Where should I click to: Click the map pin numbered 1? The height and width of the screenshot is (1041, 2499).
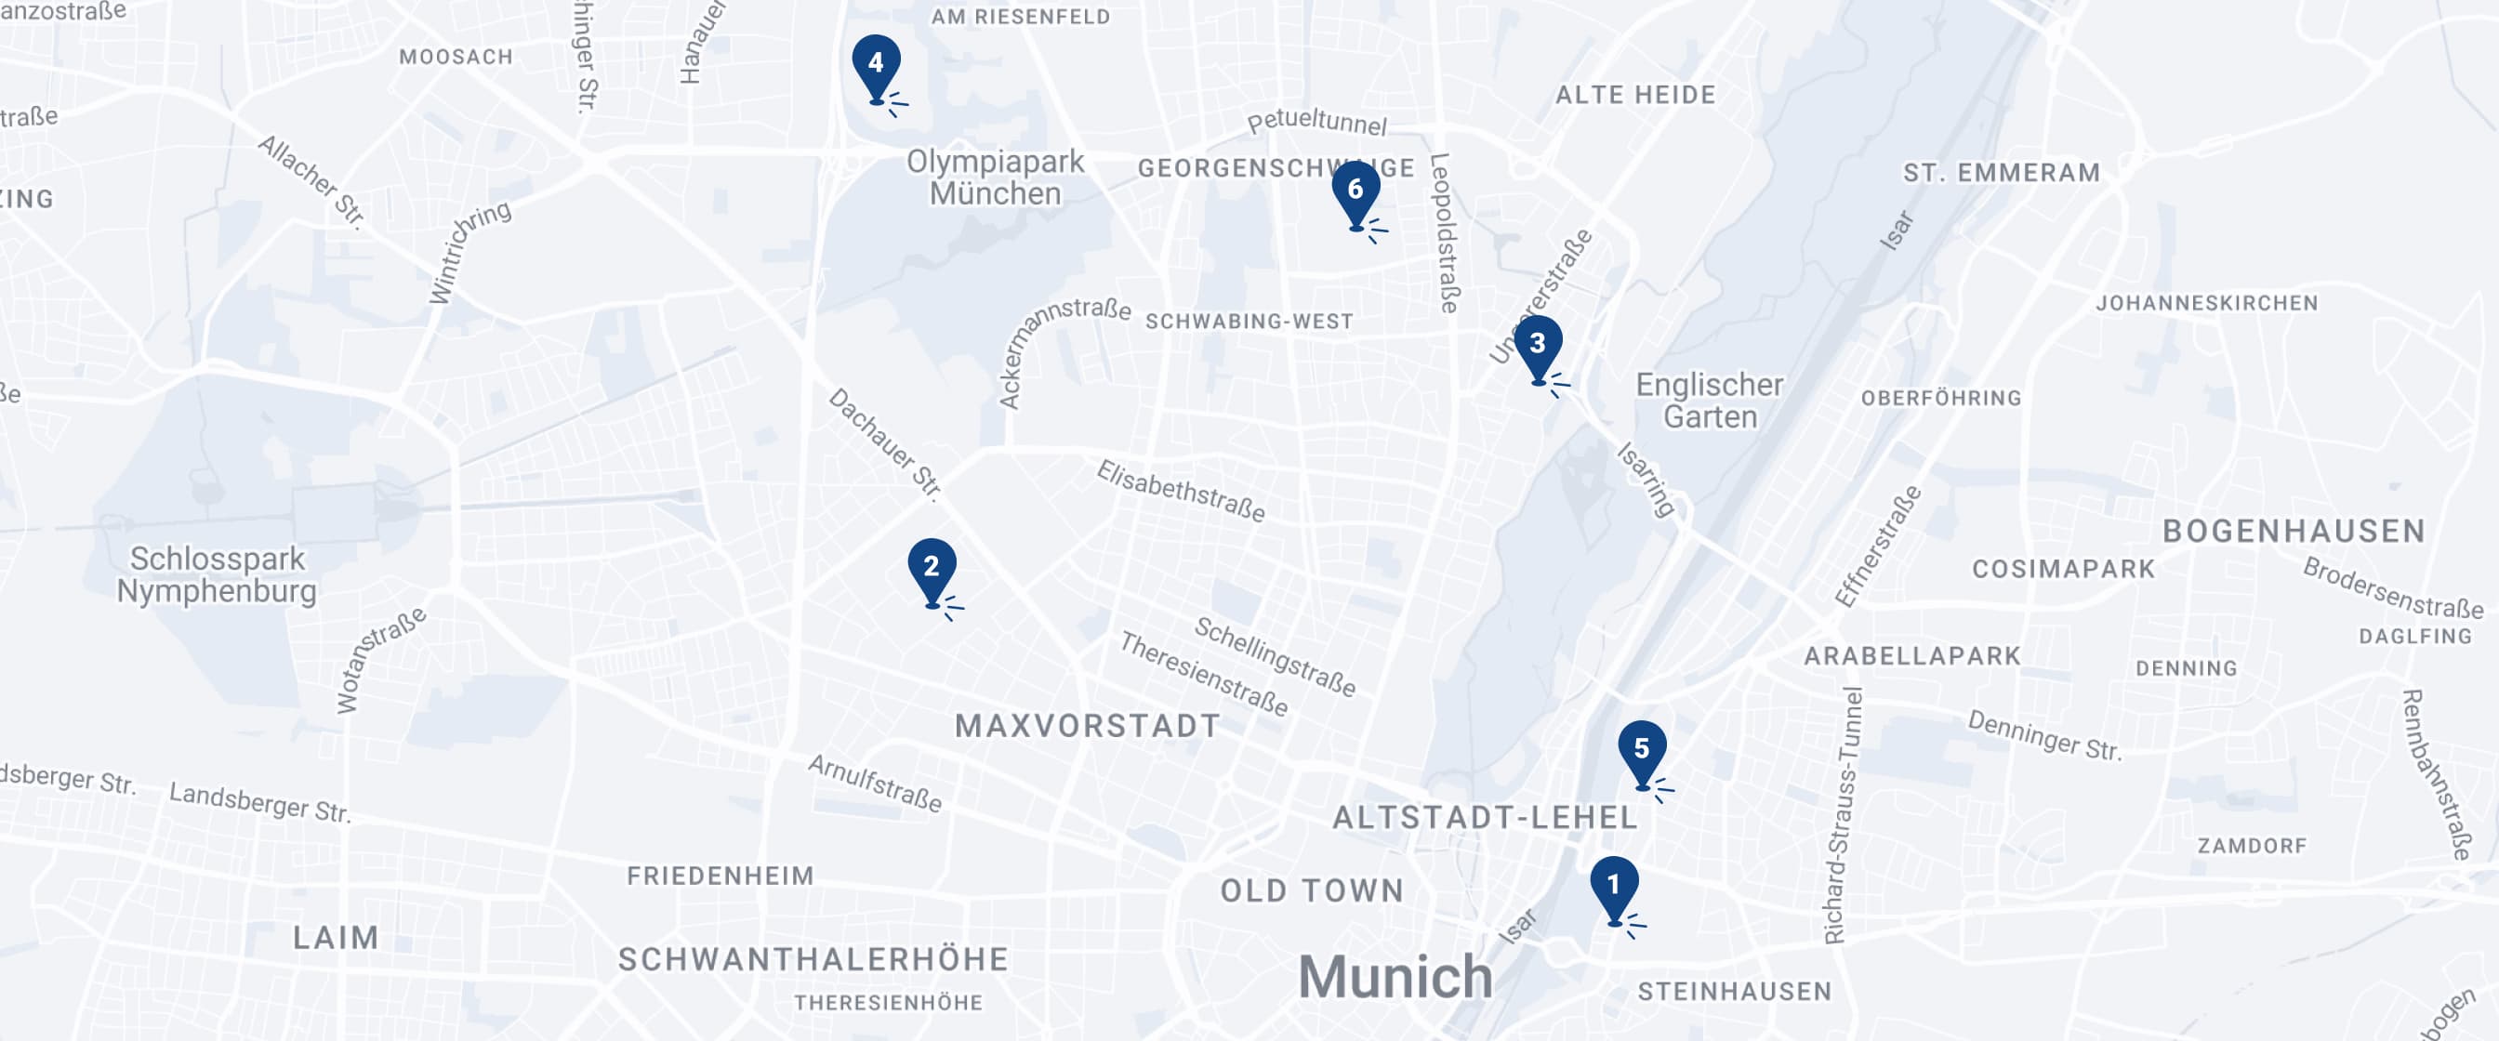pos(1614,888)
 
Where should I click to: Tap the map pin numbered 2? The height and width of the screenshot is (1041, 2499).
pos(932,569)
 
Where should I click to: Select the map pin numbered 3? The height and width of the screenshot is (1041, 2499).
pos(1538,347)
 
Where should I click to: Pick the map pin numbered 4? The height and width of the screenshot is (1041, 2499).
pos(876,65)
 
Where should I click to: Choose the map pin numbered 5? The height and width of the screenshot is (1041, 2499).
pos(1642,751)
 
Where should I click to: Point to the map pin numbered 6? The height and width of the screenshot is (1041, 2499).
pos(1355,191)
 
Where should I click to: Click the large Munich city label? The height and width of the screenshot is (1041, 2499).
pos(1395,976)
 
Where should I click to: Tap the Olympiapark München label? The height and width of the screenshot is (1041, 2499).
pos(996,178)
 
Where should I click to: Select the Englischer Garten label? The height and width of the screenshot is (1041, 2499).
pos(1710,401)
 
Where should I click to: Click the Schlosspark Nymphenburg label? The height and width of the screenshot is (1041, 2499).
pos(217,574)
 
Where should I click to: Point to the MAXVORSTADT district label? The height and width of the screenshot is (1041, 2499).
pos(1088,726)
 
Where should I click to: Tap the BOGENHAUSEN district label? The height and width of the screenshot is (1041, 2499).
pos(2294,531)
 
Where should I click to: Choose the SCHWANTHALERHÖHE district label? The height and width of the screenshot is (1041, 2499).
pos(813,959)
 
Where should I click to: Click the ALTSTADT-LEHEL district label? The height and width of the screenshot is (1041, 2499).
pos(1486,818)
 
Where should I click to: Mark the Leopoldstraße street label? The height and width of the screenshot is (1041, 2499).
pos(1445,233)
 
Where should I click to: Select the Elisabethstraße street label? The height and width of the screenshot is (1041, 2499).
pos(1181,491)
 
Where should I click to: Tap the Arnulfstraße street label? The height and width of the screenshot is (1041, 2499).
pos(875,783)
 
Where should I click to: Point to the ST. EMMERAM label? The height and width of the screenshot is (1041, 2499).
pos(2002,173)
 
